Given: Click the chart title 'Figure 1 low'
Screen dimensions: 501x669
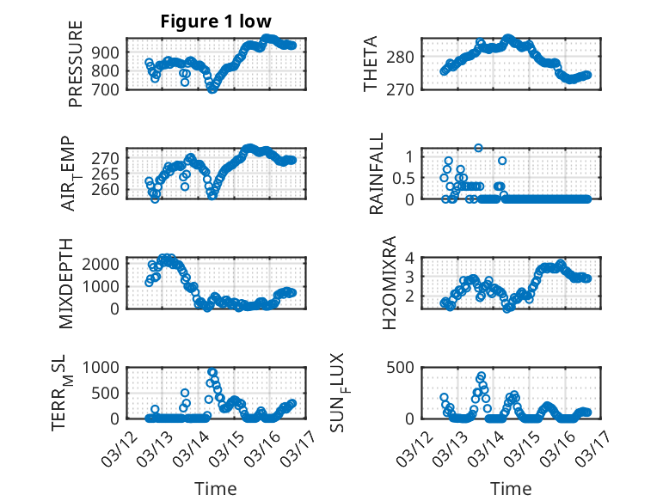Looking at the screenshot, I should [216, 21].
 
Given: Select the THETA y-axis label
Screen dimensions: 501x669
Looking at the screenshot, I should [371, 64].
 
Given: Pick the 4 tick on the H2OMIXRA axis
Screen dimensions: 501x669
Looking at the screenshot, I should [410, 257].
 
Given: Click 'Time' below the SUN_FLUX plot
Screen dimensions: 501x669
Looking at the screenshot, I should [511, 489].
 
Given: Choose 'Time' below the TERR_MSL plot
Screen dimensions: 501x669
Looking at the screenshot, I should [216, 489].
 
